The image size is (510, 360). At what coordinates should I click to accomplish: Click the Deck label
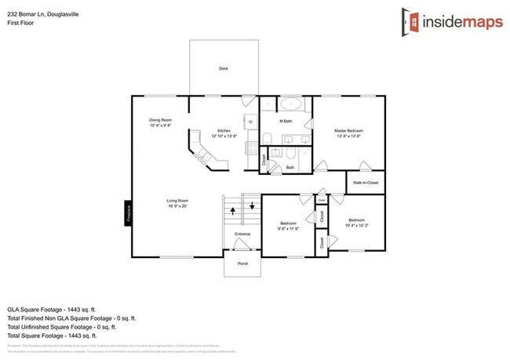point(224,69)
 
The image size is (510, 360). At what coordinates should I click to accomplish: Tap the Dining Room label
point(160,120)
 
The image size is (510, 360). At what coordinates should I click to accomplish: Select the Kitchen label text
point(224,130)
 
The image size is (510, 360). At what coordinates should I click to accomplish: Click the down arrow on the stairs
point(252,206)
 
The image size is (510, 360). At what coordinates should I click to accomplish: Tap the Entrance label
point(242,234)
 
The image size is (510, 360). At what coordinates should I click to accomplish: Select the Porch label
point(242,264)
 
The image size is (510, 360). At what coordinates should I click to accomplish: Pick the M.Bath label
point(287,122)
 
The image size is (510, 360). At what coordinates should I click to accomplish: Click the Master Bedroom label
point(348,130)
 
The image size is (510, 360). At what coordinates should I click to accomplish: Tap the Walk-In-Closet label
point(366,183)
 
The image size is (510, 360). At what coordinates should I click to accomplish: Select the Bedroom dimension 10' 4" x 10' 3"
point(357,224)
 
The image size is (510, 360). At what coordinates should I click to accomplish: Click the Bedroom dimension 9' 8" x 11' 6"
point(289,229)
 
